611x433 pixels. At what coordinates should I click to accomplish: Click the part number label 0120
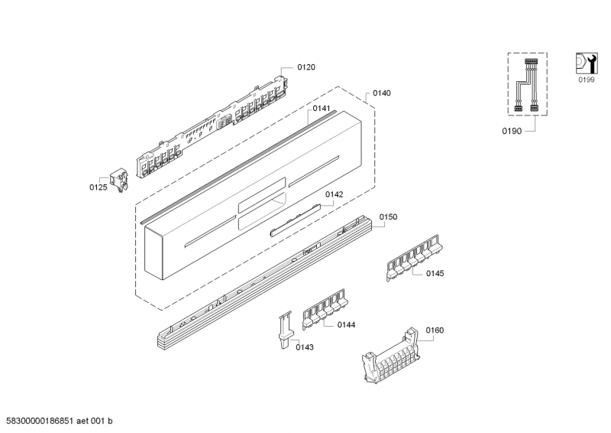coord(305,67)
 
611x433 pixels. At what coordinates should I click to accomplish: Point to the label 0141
coord(321,109)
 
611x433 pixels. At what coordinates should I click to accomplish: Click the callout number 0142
coord(334,194)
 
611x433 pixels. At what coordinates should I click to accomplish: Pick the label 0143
coord(303,347)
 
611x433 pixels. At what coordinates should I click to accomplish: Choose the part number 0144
coord(346,325)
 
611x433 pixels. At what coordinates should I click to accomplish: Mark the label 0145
coord(435,273)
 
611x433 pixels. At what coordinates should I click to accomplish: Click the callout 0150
coord(388,218)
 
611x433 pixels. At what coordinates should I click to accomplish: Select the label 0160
coord(435,330)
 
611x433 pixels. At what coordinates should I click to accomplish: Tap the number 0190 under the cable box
coord(511,132)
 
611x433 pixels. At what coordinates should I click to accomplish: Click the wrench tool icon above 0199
coord(586,63)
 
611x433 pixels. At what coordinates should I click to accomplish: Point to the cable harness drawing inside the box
coord(525,85)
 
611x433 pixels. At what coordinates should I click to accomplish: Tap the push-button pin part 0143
coord(284,329)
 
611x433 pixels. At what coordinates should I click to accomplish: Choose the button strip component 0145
coord(412,256)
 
